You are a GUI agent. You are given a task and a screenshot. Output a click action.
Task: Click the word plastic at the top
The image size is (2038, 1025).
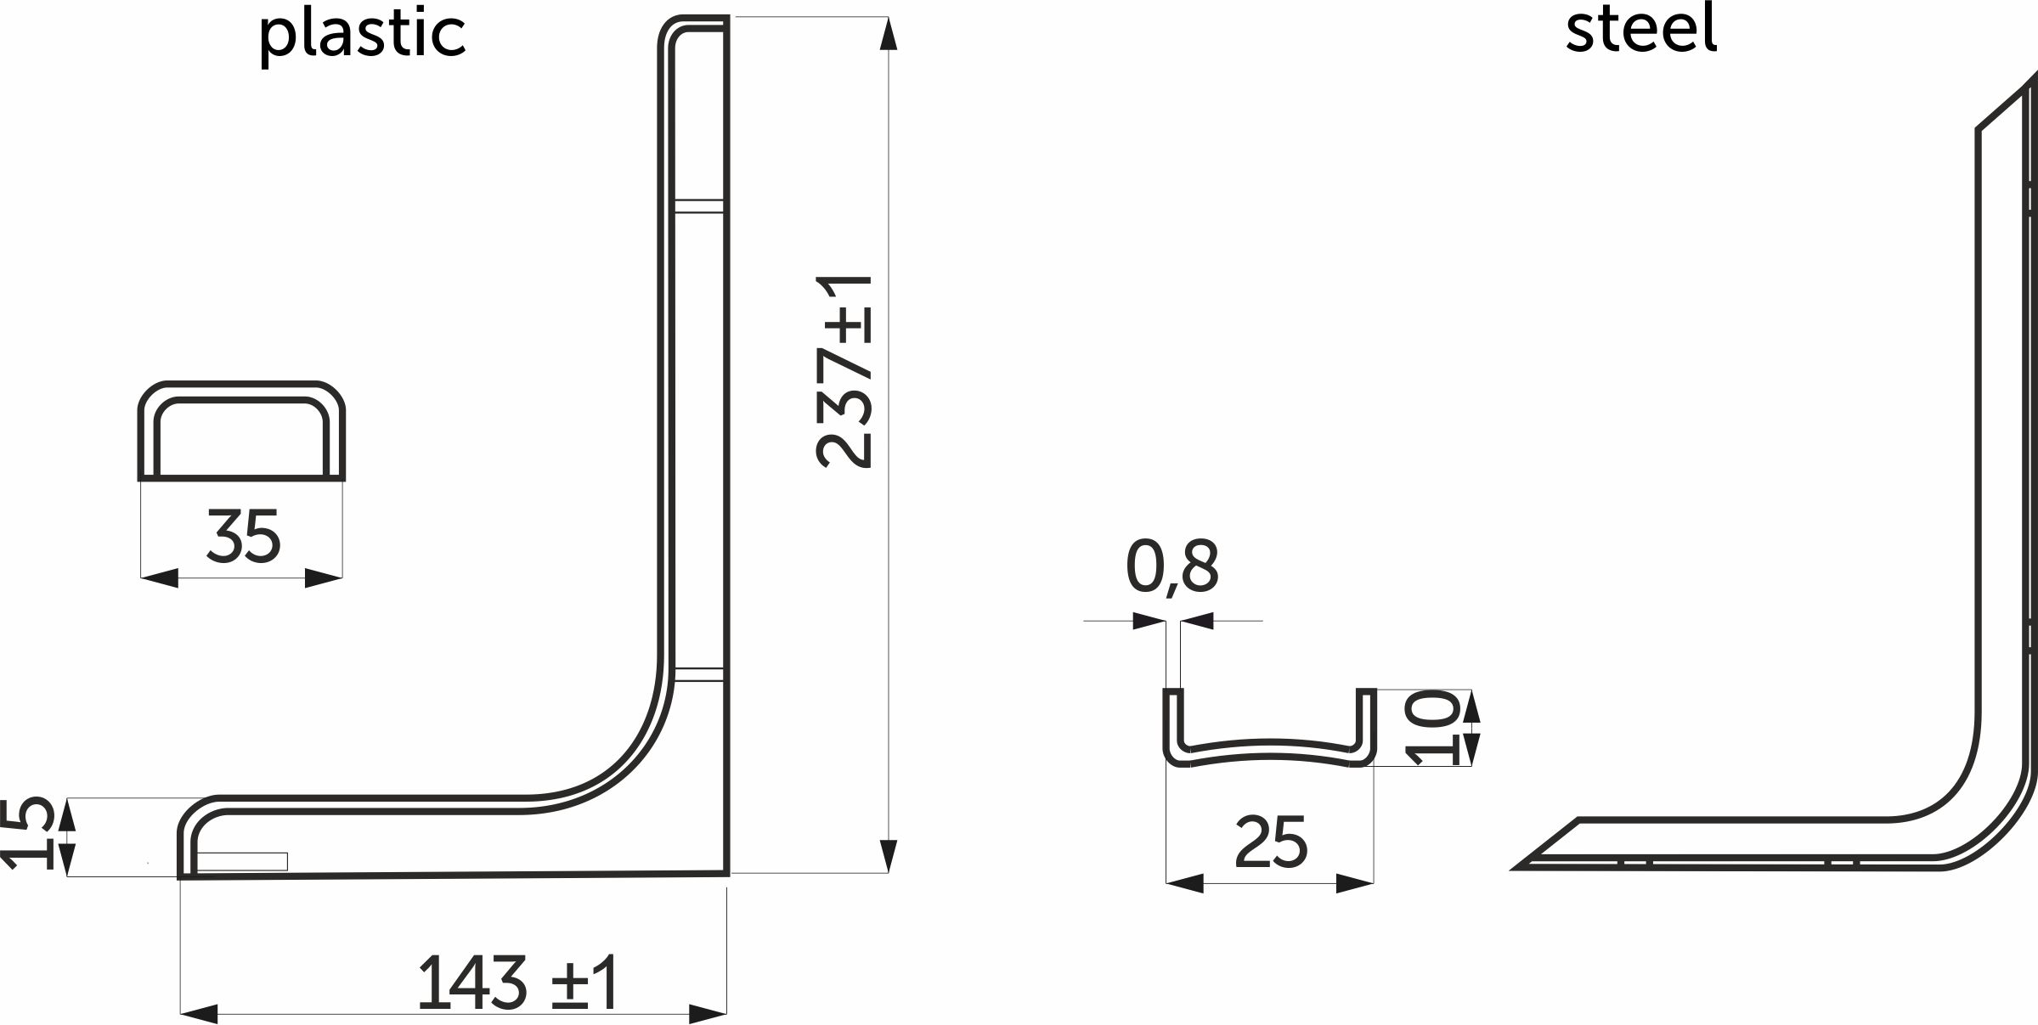pyautogui.click(x=363, y=35)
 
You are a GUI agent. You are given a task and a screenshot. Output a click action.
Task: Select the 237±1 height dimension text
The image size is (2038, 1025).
pyautogui.click(x=844, y=371)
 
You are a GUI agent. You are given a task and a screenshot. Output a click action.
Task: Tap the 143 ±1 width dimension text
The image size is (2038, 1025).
pyautogui.click(x=517, y=983)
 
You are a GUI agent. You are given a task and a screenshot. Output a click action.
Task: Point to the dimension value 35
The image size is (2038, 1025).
pyautogui.click(x=243, y=537)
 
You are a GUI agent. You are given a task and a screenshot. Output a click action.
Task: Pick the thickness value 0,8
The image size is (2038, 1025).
pyautogui.click(x=1171, y=566)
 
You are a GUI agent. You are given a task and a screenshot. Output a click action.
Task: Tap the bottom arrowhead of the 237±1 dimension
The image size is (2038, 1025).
pyautogui.click(x=889, y=855)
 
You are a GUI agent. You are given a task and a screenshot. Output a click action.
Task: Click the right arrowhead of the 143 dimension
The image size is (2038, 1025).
pyautogui.click(x=707, y=1013)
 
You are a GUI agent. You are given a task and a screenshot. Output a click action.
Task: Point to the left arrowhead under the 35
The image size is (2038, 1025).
pyautogui.click(x=160, y=578)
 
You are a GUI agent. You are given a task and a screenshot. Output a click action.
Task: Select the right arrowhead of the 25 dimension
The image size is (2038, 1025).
pyautogui.click(x=1354, y=883)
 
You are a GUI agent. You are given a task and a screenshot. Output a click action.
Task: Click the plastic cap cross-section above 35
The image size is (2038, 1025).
pyautogui.click(x=242, y=431)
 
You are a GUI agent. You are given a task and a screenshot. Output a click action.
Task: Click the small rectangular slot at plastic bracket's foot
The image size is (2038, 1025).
pyautogui.click(x=241, y=861)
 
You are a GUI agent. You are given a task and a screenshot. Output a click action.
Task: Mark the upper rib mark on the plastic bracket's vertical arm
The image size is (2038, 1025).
pyautogui.click(x=698, y=206)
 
